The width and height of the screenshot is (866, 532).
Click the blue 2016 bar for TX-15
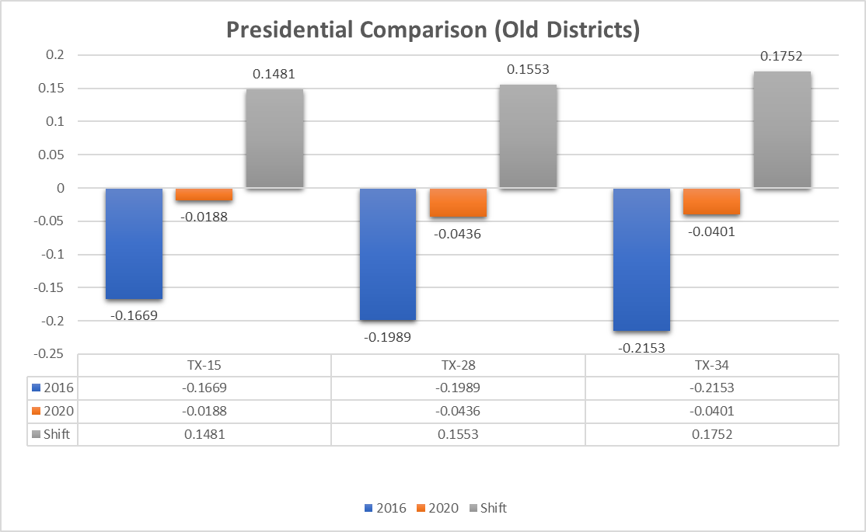pyautogui.click(x=134, y=243)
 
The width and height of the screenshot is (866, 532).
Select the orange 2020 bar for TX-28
pyautogui.click(x=458, y=203)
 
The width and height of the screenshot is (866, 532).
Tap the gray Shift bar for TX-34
pyautogui.click(x=782, y=130)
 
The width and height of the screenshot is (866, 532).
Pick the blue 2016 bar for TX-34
pyautogui.click(x=641, y=259)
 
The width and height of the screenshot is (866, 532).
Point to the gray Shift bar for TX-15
pyautogui.click(x=274, y=138)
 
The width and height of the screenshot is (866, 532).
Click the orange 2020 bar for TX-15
pyautogui.click(x=204, y=195)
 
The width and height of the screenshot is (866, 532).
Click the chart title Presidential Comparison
pyautogui.click(x=432, y=30)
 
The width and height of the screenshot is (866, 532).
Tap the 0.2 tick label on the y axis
pyautogui.click(x=56, y=55)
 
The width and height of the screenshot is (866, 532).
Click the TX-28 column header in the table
pyautogui.click(x=458, y=365)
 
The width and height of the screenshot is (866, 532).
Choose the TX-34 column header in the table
pyautogui.click(x=711, y=365)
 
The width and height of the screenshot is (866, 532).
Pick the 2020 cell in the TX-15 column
pyautogui.click(x=204, y=411)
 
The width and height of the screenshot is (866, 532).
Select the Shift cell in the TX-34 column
pyautogui.click(x=711, y=434)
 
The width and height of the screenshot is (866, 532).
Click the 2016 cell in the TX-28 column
pyautogui.click(x=458, y=388)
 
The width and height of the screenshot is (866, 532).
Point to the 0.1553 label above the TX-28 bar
pyautogui.click(x=528, y=70)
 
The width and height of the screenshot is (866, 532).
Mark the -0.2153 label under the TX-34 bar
pyautogui.click(x=641, y=348)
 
